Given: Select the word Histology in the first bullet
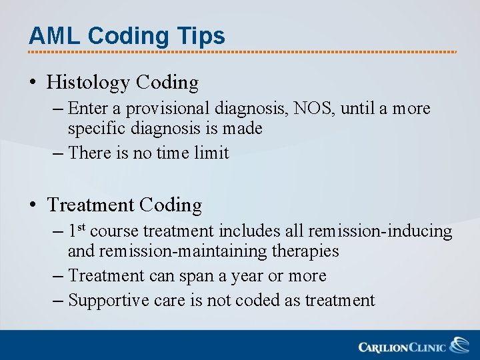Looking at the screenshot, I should coord(88,83).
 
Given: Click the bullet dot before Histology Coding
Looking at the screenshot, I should coord(33,83).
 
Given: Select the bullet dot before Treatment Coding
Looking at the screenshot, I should coord(33,205).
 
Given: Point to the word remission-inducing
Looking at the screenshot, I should coord(380,231).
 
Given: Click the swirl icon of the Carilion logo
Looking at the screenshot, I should coord(459,345).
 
